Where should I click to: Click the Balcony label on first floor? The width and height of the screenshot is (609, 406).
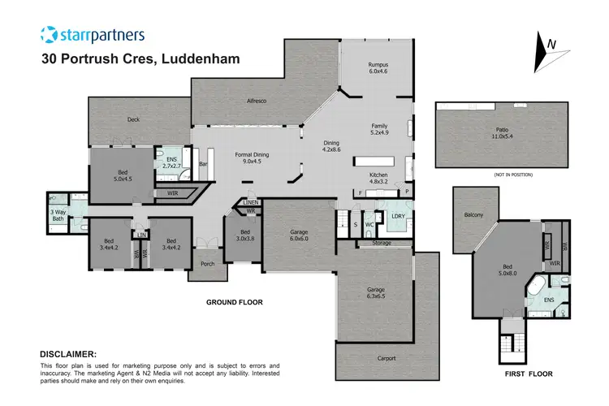(473, 214)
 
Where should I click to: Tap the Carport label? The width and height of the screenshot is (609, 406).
(386, 356)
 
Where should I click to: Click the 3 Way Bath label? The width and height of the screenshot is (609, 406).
(58, 215)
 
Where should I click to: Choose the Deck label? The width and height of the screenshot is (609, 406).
(134, 119)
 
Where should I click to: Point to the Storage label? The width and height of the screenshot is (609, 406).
(382, 243)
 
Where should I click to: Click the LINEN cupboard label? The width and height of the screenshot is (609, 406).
(251, 202)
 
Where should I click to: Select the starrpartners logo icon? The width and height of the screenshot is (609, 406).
(50, 34)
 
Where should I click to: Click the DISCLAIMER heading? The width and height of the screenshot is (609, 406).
(68, 354)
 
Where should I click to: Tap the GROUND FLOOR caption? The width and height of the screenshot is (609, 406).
(234, 302)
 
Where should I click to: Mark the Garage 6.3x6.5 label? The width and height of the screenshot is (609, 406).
(375, 292)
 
